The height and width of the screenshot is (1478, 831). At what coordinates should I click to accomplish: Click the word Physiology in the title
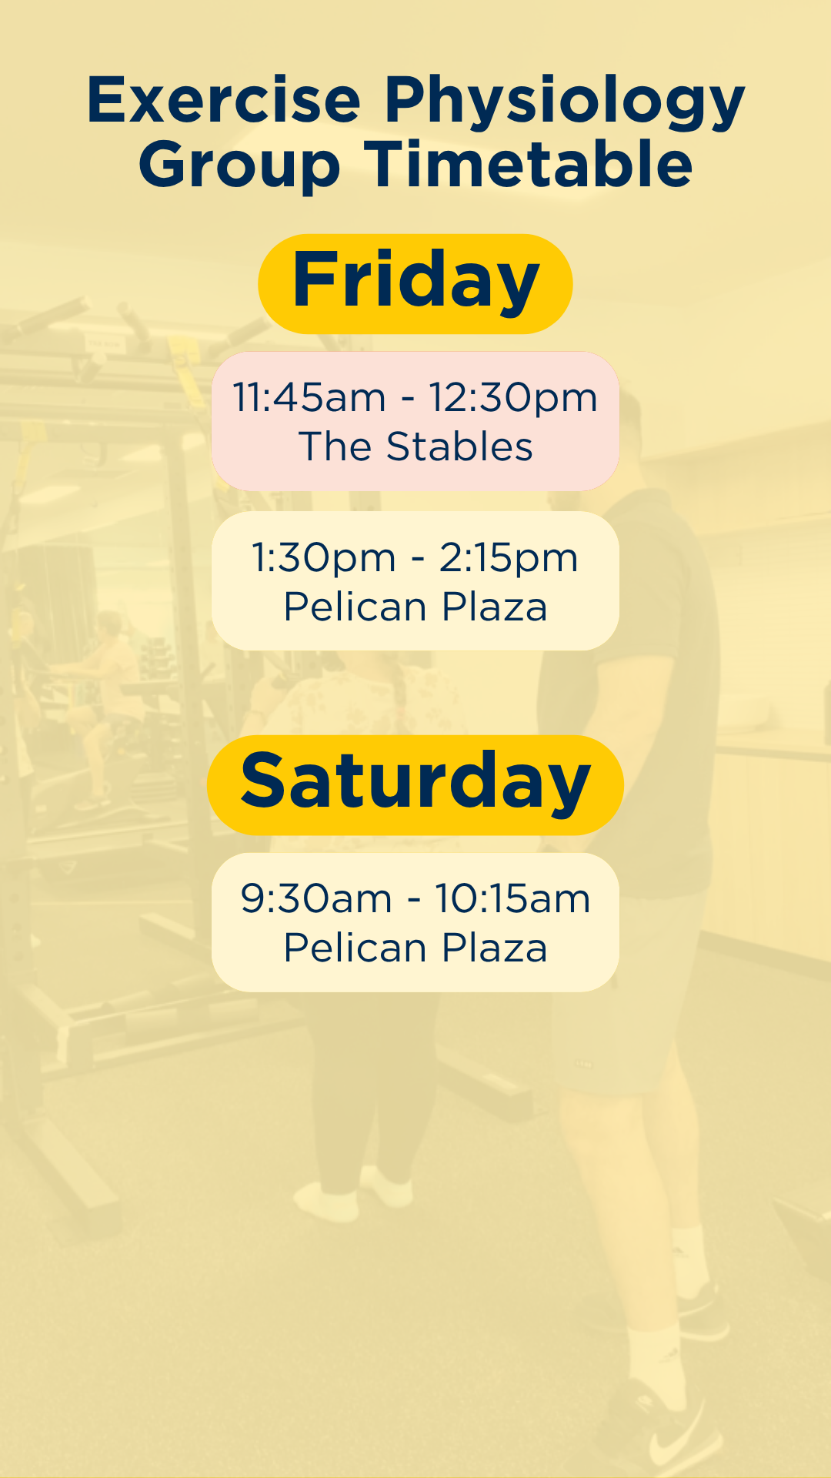tap(564, 102)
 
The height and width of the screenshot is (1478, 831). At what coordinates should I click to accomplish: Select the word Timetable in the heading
tap(528, 163)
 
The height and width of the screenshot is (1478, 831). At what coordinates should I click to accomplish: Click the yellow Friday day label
tap(415, 283)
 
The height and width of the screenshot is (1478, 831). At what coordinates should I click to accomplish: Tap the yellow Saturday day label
tap(415, 784)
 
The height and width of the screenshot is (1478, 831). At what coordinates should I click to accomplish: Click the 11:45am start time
tap(309, 398)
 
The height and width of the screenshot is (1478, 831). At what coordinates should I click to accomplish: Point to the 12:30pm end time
tap(513, 399)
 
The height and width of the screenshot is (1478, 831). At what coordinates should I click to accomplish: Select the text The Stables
tap(415, 446)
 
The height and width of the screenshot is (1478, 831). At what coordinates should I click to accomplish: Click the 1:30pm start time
tap(324, 558)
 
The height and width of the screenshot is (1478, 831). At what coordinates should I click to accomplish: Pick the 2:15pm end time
tap(509, 558)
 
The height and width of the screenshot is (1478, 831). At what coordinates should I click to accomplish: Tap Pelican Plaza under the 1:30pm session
tap(415, 607)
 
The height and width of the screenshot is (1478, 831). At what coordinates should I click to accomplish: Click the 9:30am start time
tap(316, 899)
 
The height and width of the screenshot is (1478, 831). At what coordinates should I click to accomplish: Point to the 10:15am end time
tap(512, 899)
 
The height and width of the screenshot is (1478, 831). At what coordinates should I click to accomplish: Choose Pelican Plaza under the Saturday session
tap(415, 948)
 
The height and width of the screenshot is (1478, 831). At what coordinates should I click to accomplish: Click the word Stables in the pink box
tap(459, 446)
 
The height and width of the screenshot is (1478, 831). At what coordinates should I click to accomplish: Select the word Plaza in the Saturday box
tap(495, 948)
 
